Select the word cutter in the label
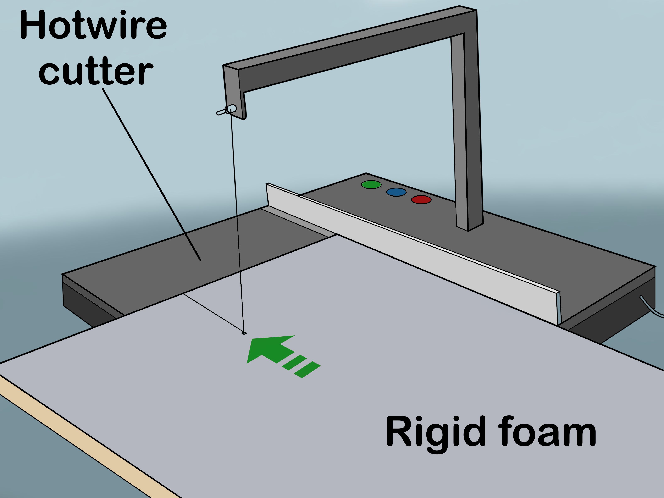[95, 71]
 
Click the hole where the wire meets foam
[244, 333]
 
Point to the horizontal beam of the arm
[345, 51]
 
